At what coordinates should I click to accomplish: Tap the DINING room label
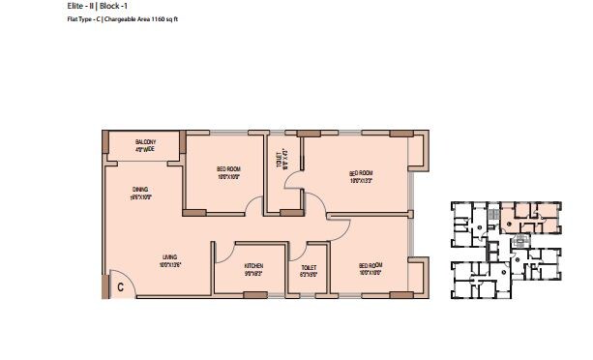click(x=139, y=190)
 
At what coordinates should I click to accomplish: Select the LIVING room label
click(x=171, y=255)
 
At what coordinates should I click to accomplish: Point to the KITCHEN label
click(x=254, y=264)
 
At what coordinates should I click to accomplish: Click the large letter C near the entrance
click(x=121, y=287)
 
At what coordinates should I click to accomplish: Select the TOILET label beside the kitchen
click(x=309, y=267)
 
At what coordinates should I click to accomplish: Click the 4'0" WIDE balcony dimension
click(x=146, y=150)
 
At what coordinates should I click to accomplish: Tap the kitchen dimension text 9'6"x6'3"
click(x=254, y=272)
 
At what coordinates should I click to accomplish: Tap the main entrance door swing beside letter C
click(x=114, y=277)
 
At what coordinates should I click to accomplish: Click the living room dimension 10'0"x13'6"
click(x=171, y=262)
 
